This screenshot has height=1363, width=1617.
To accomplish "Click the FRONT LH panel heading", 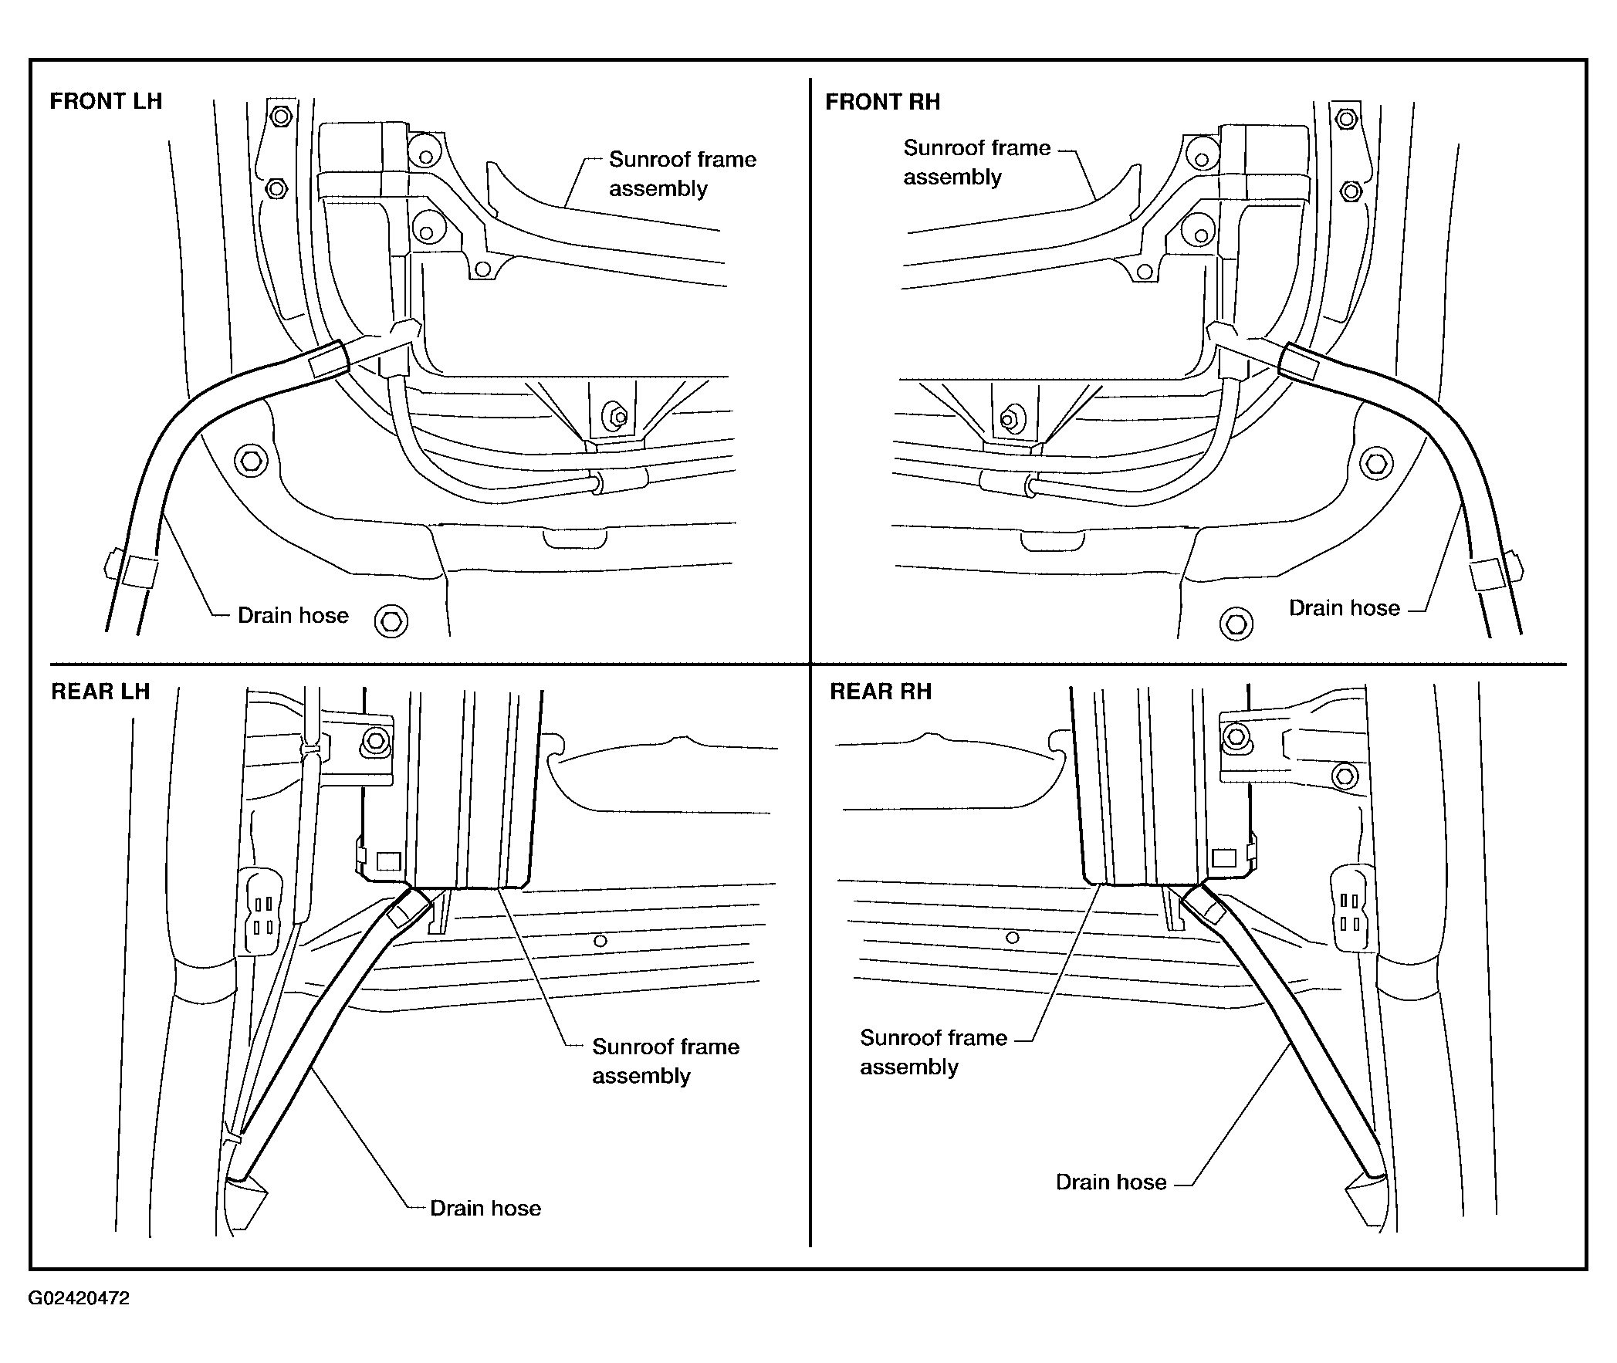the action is pyautogui.click(x=106, y=101).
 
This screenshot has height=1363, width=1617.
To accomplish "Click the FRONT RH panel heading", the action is pyautogui.click(x=882, y=102).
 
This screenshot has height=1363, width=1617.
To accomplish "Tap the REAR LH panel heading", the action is pyautogui.click(x=100, y=691).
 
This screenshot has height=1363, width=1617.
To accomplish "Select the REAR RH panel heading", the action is pyautogui.click(x=881, y=691).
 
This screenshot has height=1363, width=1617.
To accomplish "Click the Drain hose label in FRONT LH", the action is pyautogui.click(x=293, y=615).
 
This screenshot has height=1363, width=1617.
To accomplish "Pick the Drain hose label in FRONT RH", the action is pyautogui.click(x=1345, y=608).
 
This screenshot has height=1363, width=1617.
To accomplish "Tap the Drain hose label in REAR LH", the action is pyautogui.click(x=485, y=1208).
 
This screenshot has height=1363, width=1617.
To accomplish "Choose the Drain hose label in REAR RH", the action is pyautogui.click(x=1111, y=1182).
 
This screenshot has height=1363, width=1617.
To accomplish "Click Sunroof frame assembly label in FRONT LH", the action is pyautogui.click(x=682, y=174).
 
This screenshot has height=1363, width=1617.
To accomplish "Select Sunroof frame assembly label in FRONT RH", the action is pyautogui.click(x=977, y=162).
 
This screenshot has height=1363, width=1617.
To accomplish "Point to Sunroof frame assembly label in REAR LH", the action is pyautogui.click(x=665, y=1061).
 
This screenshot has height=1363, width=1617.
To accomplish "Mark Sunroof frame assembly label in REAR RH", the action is pyautogui.click(x=933, y=1052).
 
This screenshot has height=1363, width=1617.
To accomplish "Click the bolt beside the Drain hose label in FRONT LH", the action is pyautogui.click(x=391, y=621).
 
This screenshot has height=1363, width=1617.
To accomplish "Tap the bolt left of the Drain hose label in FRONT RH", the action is pyautogui.click(x=1236, y=624).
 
